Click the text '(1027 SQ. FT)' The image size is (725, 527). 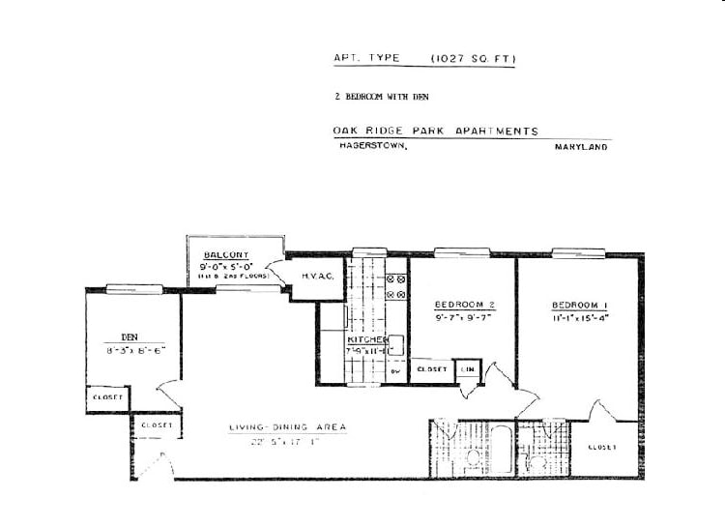pyautogui.click(x=473, y=59)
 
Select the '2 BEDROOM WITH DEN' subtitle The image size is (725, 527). pyautogui.click(x=381, y=97)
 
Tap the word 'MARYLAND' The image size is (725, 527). pyautogui.click(x=580, y=147)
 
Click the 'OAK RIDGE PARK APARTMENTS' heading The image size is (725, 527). pyautogui.click(x=435, y=131)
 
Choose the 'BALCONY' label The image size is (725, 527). pyautogui.click(x=221, y=255)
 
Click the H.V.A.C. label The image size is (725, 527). pyautogui.click(x=318, y=276)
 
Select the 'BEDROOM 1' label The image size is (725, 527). pyautogui.click(x=580, y=305)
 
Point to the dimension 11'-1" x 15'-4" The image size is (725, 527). pyautogui.click(x=580, y=317)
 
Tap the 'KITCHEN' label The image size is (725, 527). pyautogui.click(x=366, y=340)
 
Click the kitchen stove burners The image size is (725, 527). pyautogui.click(x=396, y=287)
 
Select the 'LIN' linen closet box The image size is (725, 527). pyautogui.click(x=468, y=369)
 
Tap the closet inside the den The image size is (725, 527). pyautogui.click(x=107, y=396)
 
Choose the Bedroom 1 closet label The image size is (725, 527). pyautogui.click(x=602, y=447)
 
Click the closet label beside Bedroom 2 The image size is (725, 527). pyautogui.click(x=432, y=369)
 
